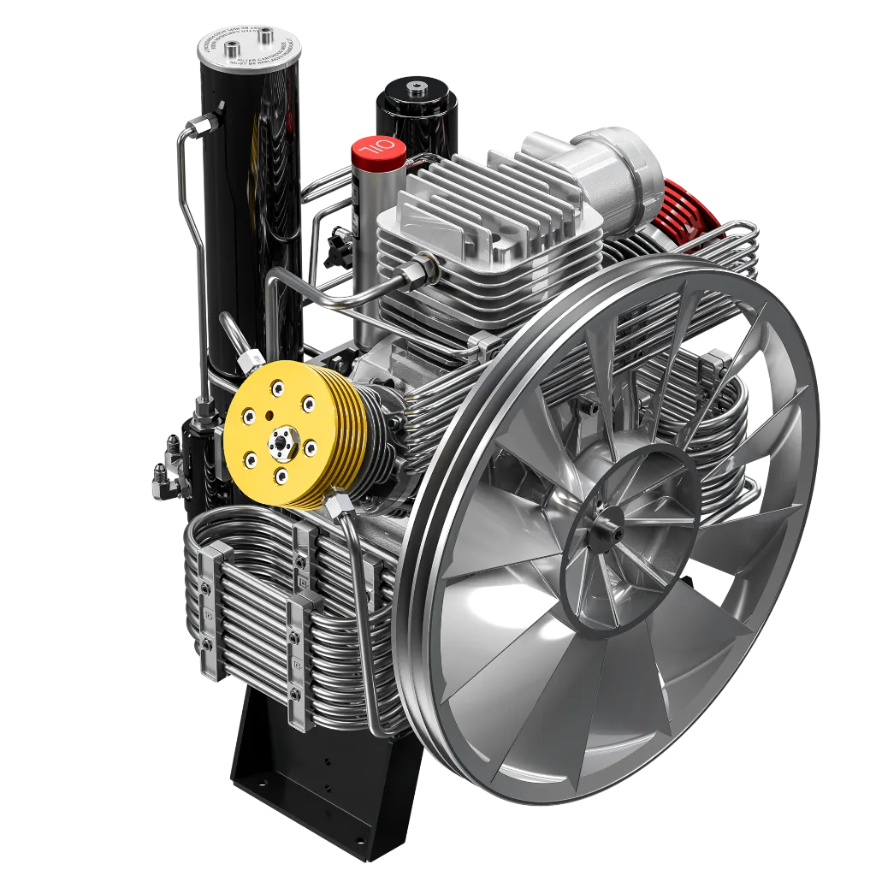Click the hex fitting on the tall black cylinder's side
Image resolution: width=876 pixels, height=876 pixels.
(x=200, y=125)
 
